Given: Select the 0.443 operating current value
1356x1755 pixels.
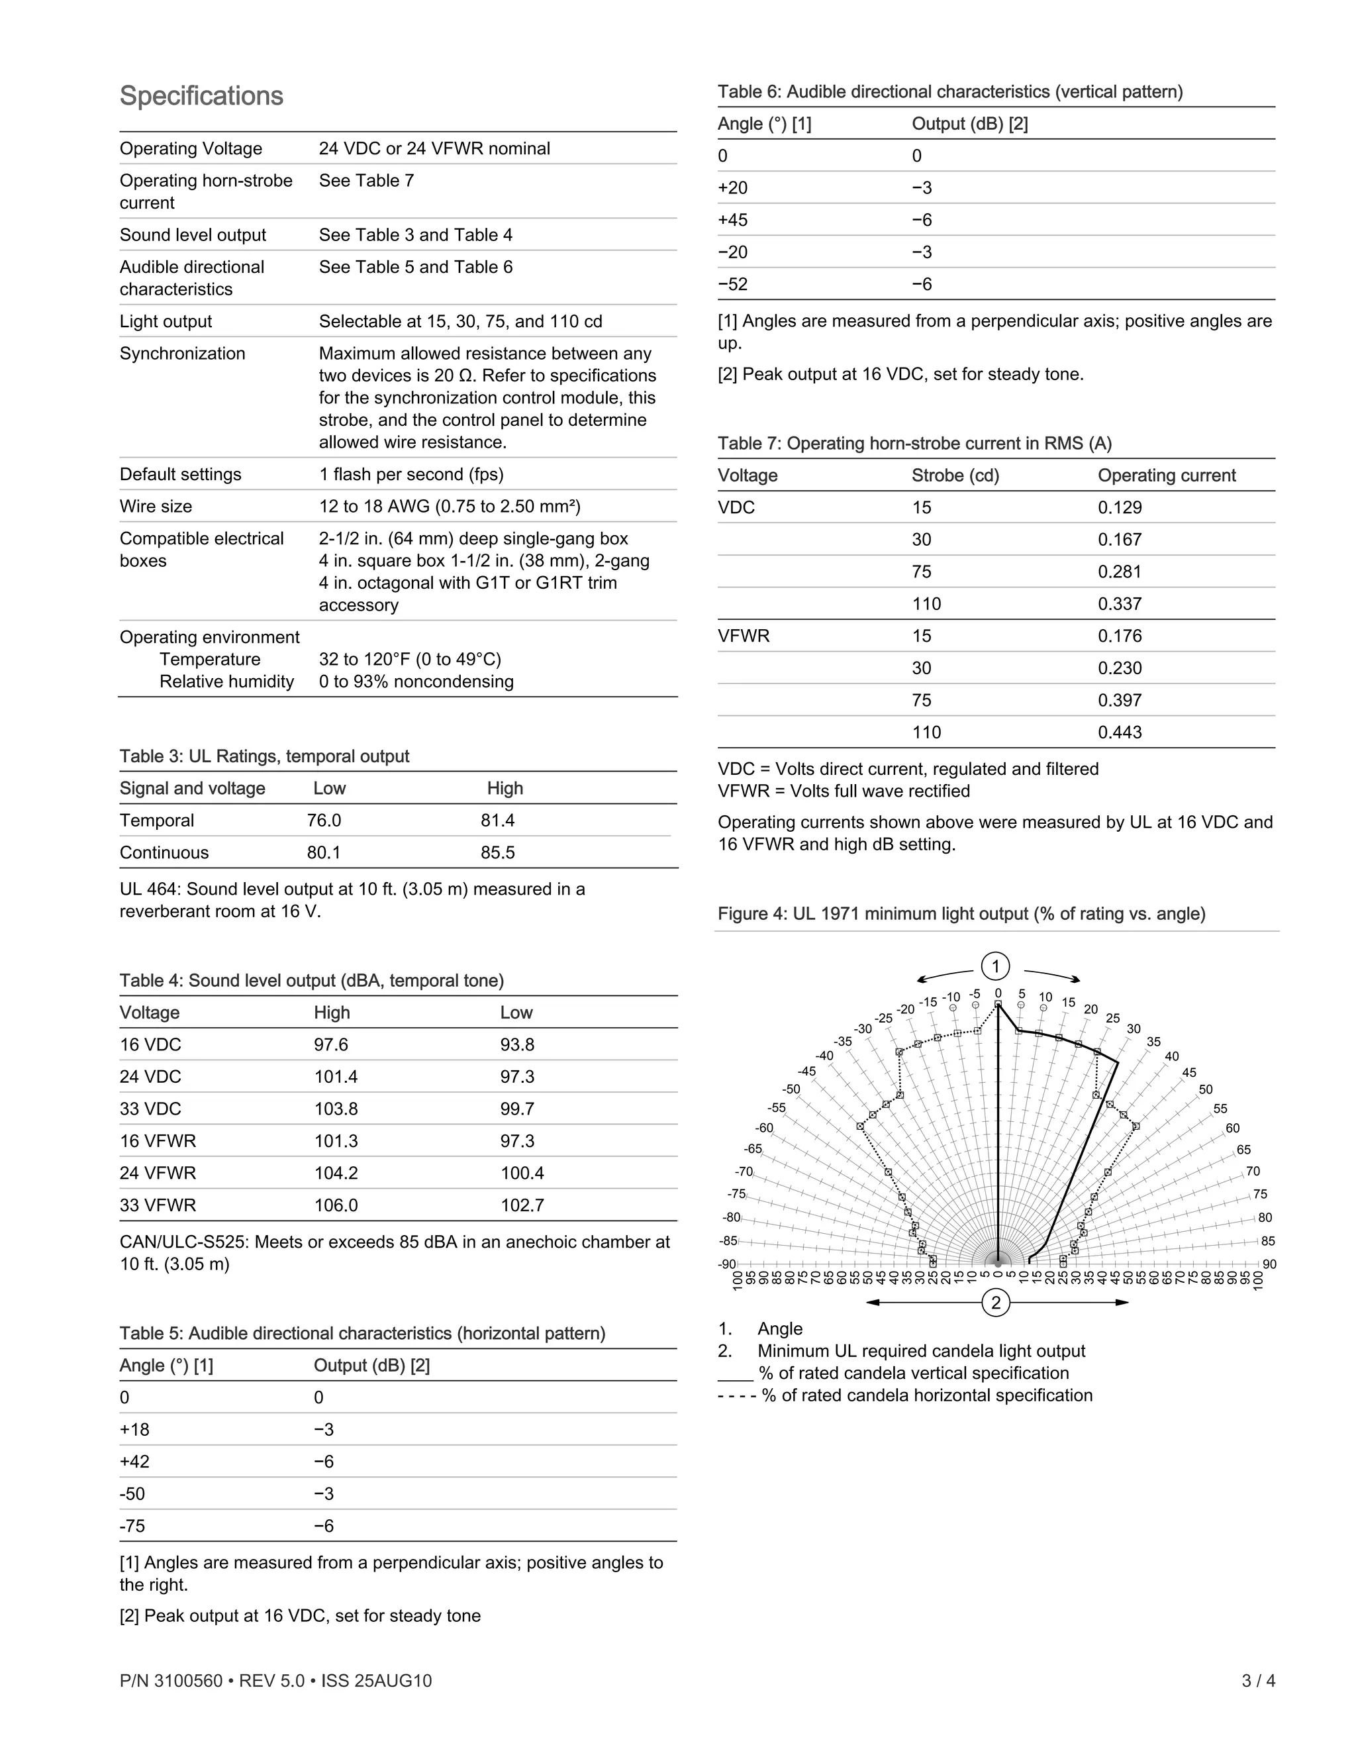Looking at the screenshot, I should coord(1120,732).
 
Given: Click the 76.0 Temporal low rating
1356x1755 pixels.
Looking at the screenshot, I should coord(324,821).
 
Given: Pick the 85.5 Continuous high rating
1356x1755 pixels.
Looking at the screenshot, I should coord(497,852).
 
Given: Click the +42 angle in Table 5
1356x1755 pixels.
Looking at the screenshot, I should coord(135,1462).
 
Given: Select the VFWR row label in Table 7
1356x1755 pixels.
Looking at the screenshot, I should coord(743,636).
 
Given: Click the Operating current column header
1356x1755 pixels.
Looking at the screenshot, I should coord(1167,475).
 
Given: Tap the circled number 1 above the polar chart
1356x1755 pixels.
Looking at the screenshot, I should coord(995,966).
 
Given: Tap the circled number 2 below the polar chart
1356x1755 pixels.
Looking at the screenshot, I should coord(995,1302).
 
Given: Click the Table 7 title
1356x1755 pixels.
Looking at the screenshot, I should coord(914,443).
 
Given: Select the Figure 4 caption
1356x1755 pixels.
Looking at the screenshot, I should coord(961,914).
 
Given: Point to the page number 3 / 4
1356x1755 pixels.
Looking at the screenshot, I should coord(1258,1680).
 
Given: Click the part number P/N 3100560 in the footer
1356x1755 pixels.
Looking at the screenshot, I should coord(170,1680).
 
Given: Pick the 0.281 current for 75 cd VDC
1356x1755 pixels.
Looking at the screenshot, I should coord(1120,572).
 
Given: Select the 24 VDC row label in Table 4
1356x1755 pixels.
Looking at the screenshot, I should coord(150,1077).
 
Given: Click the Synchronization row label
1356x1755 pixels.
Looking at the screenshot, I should coord(182,354).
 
